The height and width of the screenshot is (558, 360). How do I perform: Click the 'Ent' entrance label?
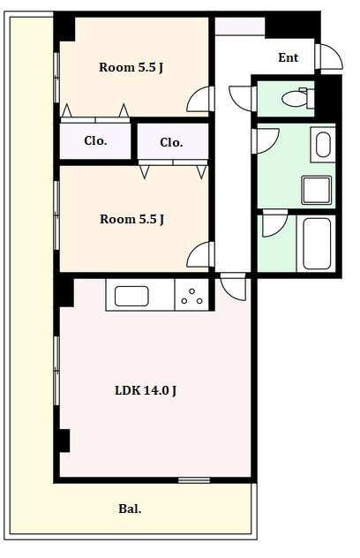[289, 57]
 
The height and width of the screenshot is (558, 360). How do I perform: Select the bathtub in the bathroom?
[317, 244]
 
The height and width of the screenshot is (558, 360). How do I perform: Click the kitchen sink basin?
[131, 296]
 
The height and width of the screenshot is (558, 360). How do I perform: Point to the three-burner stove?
[191, 295]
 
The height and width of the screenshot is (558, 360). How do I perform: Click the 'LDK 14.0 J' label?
[146, 390]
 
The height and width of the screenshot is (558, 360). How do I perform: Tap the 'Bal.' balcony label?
[130, 509]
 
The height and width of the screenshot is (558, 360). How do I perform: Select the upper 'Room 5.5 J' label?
[131, 67]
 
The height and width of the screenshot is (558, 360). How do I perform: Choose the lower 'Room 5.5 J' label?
[131, 219]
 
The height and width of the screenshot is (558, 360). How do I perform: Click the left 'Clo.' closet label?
[95, 141]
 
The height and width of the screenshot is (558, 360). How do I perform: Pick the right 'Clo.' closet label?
[171, 143]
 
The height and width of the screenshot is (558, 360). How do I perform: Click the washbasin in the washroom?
[323, 145]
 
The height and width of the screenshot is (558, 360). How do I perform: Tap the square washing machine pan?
[316, 190]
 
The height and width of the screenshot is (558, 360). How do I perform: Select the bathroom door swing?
[274, 223]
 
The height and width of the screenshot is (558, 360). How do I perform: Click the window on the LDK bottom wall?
[194, 480]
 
